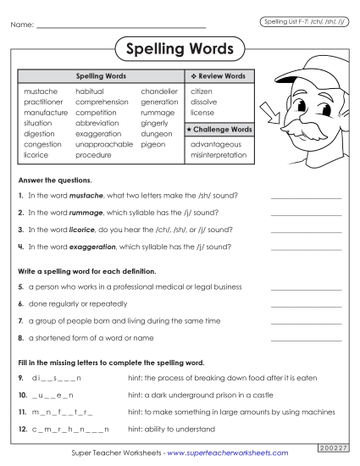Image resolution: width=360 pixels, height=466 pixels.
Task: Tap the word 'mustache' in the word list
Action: click(41, 91)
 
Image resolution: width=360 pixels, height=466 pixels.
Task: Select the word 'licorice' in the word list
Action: click(36, 155)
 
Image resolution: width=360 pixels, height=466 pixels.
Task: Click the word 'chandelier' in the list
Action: click(159, 91)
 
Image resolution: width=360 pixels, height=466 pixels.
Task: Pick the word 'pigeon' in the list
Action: click(153, 144)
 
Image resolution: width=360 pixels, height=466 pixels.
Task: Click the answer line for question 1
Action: click(306, 197)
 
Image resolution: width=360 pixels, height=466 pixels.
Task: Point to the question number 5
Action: click(20, 286)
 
